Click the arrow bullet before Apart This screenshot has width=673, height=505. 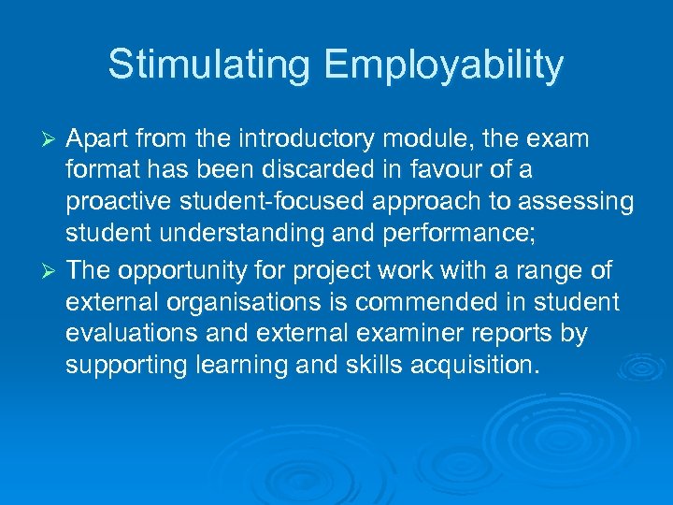coord(52,140)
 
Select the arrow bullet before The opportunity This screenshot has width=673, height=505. coord(52,271)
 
